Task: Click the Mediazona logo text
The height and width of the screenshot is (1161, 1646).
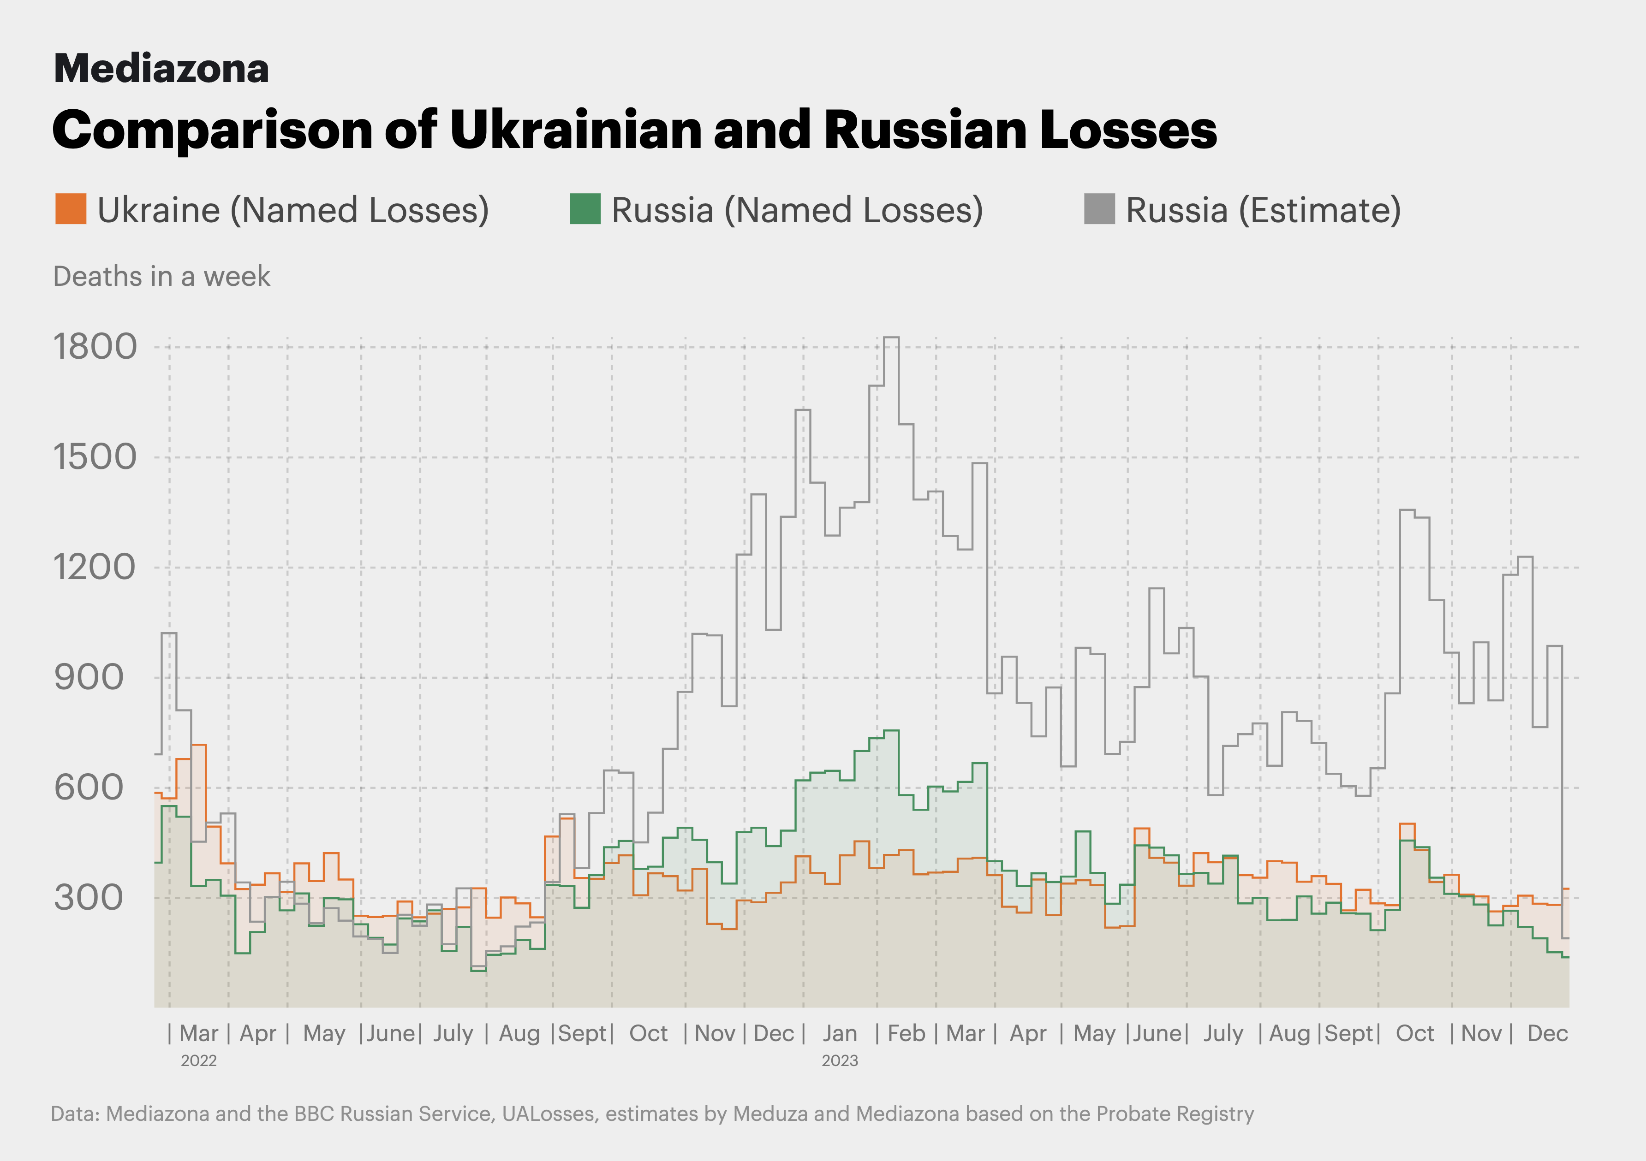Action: point(161,69)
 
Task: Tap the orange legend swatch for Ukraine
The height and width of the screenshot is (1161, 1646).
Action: point(71,208)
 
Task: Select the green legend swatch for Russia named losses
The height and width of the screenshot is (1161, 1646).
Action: point(585,208)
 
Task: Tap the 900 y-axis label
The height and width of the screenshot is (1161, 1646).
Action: point(88,677)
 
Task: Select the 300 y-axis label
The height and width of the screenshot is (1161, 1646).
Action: point(88,897)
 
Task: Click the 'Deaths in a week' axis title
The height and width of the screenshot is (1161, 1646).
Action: point(161,277)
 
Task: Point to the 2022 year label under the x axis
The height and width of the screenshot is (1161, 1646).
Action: point(198,1060)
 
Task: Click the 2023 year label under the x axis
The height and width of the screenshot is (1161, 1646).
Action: point(840,1060)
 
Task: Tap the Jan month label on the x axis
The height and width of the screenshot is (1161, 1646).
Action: point(840,1033)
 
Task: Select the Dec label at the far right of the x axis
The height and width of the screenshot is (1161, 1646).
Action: point(1548,1033)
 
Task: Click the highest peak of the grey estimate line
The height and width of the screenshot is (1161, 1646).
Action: point(891,338)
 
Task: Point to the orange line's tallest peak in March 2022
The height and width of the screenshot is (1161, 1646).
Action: point(198,745)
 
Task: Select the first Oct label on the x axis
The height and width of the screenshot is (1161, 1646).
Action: point(648,1033)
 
